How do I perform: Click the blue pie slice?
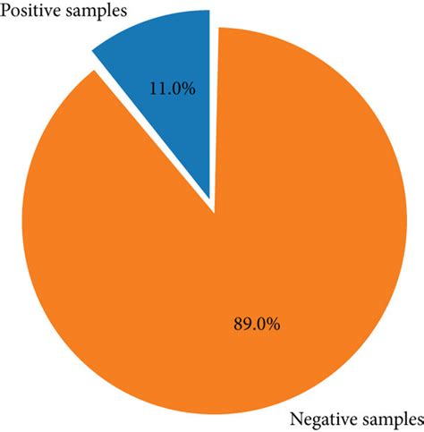165,72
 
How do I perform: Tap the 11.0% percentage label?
170,90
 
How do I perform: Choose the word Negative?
321,419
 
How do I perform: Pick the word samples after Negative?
388,419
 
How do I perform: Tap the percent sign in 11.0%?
185,90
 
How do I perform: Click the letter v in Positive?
49,12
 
